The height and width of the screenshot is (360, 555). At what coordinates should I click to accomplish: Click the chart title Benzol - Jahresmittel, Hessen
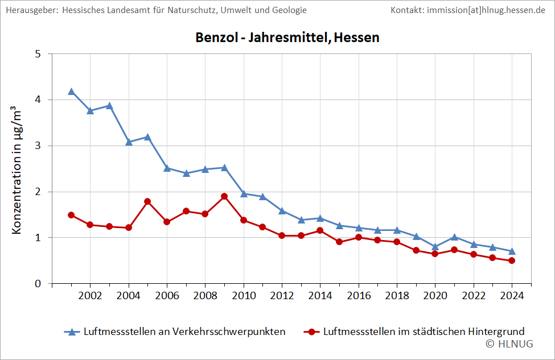tap(287, 38)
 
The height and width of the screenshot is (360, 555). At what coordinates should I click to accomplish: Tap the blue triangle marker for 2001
tap(71, 91)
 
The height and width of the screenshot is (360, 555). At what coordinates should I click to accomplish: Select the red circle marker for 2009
tap(224, 196)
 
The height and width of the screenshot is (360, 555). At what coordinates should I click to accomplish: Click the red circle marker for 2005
tap(147, 201)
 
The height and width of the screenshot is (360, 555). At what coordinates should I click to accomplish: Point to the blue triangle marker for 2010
tap(244, 193)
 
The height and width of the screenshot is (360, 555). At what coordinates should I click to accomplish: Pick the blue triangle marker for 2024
tap(512, 251)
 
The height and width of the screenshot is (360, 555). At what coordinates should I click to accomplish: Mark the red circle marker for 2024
tap(512, 260)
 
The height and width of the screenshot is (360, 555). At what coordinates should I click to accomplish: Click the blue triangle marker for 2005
tap(147, 136)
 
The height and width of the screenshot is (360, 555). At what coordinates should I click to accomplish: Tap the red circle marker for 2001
tap(71, 215)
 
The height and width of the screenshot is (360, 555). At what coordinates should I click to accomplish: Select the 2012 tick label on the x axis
tap(282, 296)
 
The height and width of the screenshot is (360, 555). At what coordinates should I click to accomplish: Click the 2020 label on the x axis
tap(435, 296)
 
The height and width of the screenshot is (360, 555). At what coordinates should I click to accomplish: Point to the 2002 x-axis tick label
tap(90, 296)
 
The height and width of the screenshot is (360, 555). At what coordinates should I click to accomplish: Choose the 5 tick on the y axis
tap(38, 54)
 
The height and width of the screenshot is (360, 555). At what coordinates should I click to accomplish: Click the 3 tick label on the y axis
tap(38, 146)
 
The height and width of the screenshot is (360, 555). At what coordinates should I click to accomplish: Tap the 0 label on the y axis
tap(38, 283)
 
